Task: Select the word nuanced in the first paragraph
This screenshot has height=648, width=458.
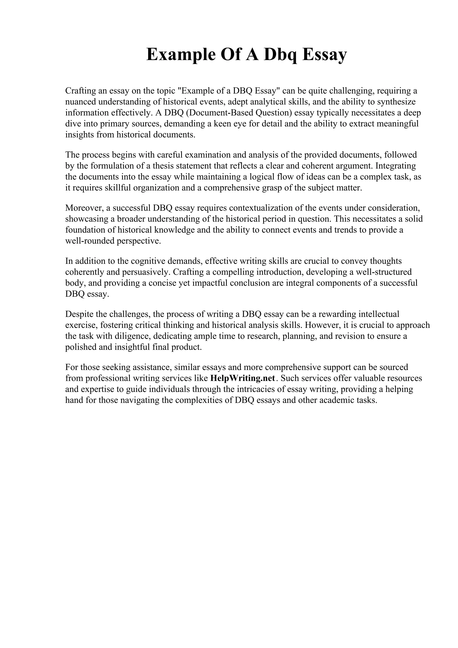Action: coord(81,102)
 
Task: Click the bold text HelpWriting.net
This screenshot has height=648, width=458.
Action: coord(242,378)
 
